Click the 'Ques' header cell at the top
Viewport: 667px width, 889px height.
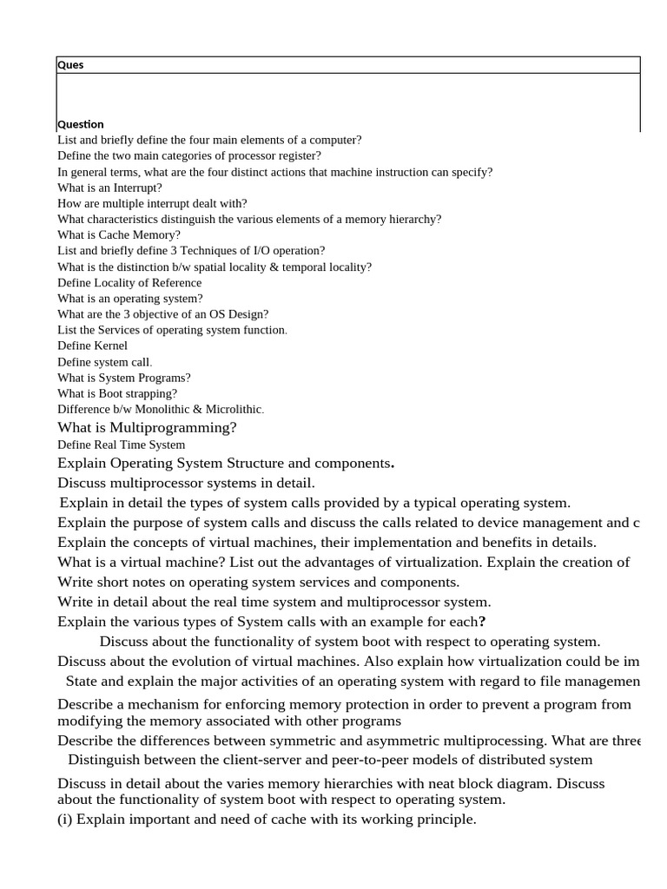(70, 65)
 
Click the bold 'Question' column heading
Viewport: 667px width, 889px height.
(81, 124)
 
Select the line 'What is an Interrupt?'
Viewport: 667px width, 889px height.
(109, 188)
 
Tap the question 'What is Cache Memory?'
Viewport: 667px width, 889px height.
(119, 234)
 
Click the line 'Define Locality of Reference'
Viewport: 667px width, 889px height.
(129, 282)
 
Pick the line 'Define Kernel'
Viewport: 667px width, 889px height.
(92, 346)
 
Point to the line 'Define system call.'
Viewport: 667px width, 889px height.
(104, 362)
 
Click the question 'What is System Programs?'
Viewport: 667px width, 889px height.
(124, 378)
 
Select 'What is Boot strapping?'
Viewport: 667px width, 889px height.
(117, 393)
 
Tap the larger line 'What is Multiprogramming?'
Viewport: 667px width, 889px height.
(147, 427)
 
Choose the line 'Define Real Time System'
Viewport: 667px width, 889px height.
(121, 444)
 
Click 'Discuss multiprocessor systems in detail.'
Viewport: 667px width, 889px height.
(186, 483)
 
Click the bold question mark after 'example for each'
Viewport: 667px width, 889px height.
(482, 622)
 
